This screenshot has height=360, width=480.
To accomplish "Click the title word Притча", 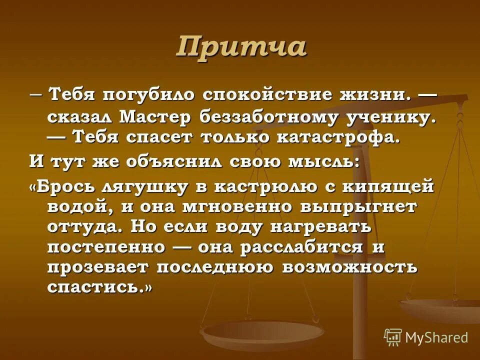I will [x=241, y=47].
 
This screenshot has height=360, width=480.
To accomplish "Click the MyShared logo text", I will [x=435, y=337].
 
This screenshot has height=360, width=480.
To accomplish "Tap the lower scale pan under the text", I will [x=261, y=334].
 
